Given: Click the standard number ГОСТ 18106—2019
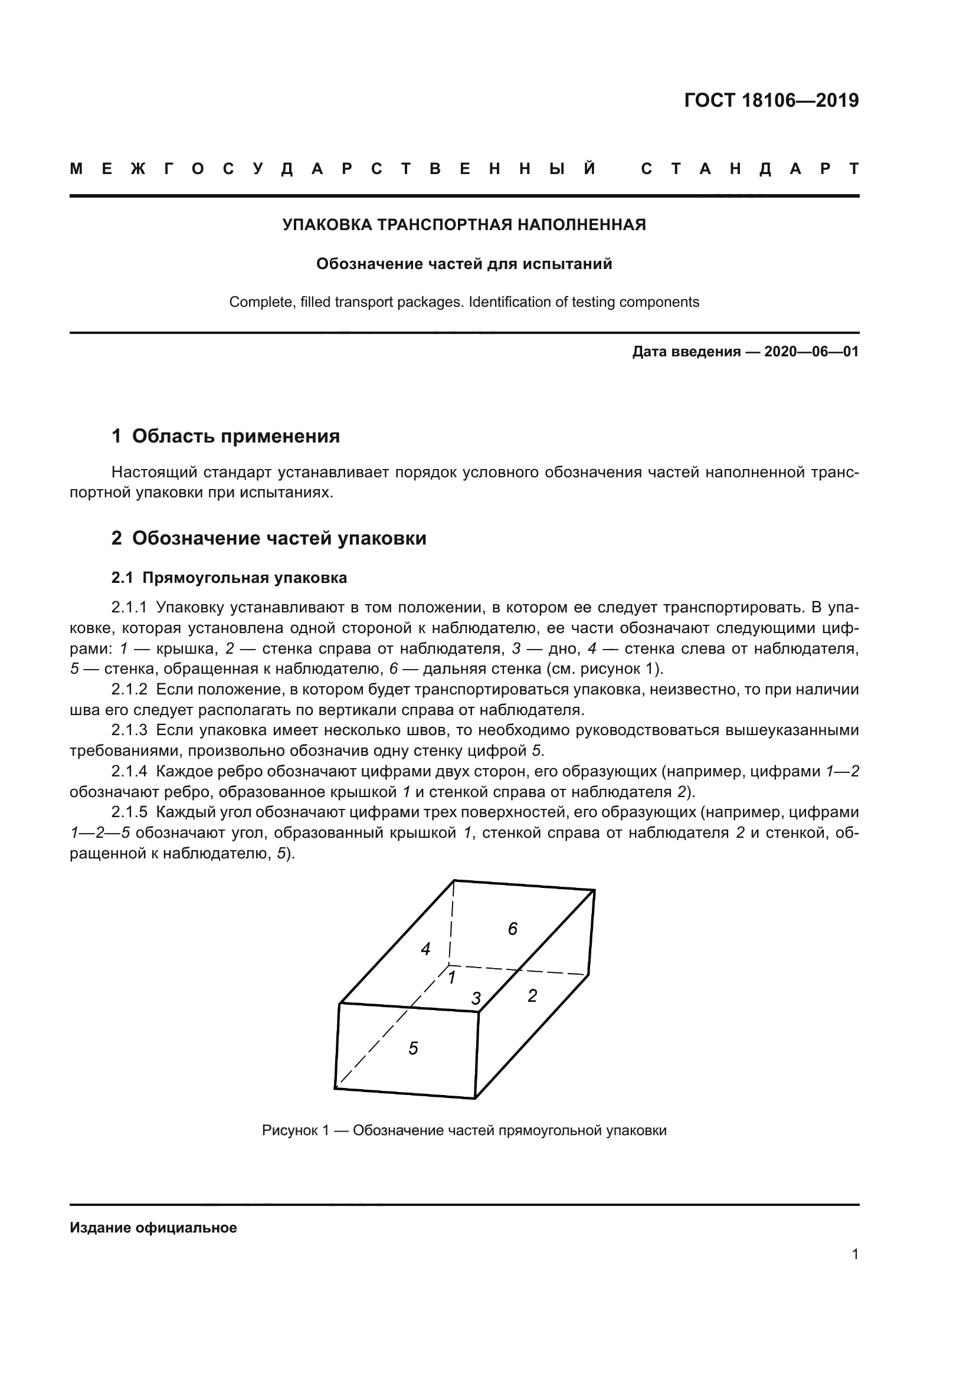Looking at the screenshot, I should click(x=771, y=100).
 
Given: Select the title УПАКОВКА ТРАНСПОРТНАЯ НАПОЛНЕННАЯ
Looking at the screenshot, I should click(x=464, y=225).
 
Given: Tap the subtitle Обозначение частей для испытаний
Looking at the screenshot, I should click(x=464, y=264).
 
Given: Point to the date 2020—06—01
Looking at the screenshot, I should click(x=811, y=352).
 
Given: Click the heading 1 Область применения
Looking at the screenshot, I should click(x=225, y=436).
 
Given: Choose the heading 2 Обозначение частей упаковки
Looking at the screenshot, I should click(x=268, y=538).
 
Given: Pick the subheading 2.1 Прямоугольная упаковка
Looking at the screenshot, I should click(x=229, y=578).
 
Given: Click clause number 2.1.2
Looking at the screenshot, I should click(x=129, y=689).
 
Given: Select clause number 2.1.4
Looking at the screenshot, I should click(x=129, y=771).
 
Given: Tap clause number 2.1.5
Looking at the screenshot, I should click(x=129, y=812).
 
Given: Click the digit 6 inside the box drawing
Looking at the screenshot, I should click(x=513, y=929).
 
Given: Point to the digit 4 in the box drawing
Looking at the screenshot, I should click(x=425, y=950).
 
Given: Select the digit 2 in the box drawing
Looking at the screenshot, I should click(x=532, y=996).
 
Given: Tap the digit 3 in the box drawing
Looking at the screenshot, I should click(x=476, y=999).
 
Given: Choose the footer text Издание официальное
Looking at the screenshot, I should click(x=153, y=1228).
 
